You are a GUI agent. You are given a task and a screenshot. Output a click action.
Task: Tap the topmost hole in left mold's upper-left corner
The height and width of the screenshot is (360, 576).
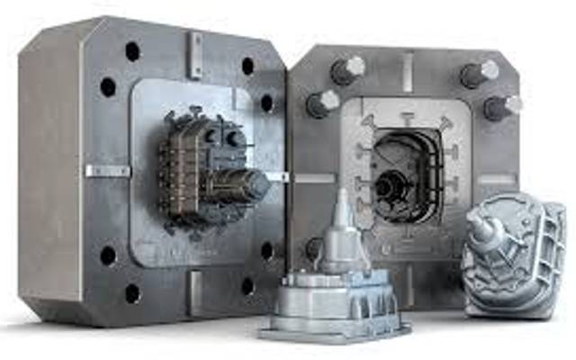click(132, 51)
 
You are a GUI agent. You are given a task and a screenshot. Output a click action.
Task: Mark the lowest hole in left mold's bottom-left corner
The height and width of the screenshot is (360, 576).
click(132, 292)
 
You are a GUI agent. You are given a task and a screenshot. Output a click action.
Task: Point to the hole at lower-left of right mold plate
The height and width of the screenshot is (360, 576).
click(312, 246)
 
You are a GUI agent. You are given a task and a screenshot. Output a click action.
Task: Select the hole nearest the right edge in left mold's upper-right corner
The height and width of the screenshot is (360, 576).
click(266, 103)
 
